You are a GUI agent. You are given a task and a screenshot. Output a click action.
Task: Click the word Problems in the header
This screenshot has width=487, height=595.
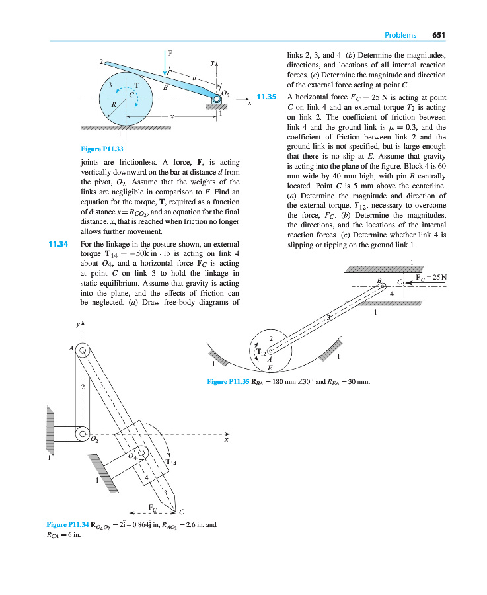(x=400, y=35)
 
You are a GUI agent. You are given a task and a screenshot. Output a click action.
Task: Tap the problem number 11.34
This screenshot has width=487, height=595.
(x=59, y=244)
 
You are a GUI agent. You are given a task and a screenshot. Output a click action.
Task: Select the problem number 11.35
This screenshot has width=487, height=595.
(x=266, y=97)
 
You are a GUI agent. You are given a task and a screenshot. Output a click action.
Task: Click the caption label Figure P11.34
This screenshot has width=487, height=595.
(x=67, y=525)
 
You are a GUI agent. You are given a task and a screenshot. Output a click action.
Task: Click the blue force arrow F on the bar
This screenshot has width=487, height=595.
(x=165, y=67)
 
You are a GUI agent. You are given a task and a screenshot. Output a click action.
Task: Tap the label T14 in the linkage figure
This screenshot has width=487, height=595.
(x=171, y=462)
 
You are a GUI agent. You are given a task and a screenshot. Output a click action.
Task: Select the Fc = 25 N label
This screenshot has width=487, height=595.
(x=431, y=277)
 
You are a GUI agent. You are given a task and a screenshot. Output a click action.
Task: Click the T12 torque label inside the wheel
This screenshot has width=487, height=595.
(x=262, y=353)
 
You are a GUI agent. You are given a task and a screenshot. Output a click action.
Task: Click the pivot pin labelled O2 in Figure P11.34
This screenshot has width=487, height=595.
(x=82, y=435)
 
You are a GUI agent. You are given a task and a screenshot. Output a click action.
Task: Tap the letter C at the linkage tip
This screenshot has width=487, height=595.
(x=181, y=512)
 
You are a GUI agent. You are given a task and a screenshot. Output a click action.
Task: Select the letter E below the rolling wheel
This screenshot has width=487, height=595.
(x=270, y=368)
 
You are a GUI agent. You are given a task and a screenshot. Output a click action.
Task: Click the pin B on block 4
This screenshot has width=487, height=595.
(x=383, y=286)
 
